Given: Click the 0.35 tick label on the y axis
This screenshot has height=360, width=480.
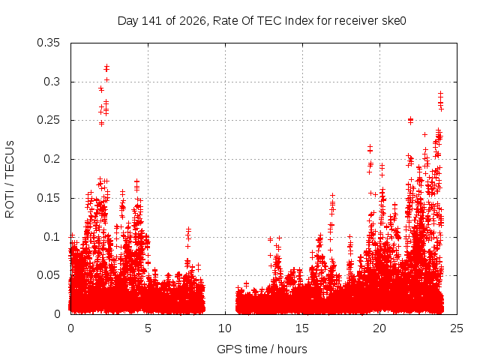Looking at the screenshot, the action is click(48, 43).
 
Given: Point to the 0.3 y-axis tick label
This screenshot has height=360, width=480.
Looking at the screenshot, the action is click(52, 82).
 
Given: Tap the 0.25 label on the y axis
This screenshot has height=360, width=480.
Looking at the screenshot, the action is click(48, 120).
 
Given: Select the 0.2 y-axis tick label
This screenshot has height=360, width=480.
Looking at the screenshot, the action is click(52, 159).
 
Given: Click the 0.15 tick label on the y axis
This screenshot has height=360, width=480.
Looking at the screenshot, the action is click(48, 198).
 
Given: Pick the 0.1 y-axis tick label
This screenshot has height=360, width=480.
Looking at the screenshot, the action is click(52, 237).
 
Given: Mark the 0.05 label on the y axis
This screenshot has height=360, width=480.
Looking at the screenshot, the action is click(48, 275).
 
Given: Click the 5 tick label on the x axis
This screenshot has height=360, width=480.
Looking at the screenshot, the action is click(148, 328).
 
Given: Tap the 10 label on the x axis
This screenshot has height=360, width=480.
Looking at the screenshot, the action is click(225, 328).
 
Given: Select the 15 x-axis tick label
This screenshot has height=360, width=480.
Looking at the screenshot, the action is click(302, 328).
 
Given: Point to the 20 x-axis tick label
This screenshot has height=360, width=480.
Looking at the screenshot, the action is click(379, 328).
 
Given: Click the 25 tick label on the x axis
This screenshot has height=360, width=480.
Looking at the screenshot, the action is click(457, 328).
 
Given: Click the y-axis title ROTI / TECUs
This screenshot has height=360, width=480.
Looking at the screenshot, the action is click(10, 179).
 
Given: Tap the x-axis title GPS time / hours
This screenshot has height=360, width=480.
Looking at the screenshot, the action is click(262, 349).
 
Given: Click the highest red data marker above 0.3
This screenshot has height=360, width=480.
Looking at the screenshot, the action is click(106, 66).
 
